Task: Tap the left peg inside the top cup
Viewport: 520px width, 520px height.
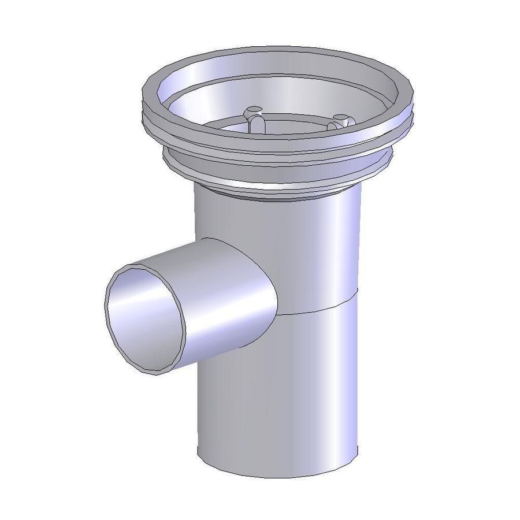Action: point(252,115)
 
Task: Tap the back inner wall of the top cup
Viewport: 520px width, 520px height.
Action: point(277,75)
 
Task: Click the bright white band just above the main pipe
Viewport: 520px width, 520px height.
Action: point(277,186)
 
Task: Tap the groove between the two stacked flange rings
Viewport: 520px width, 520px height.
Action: point(277,154)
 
